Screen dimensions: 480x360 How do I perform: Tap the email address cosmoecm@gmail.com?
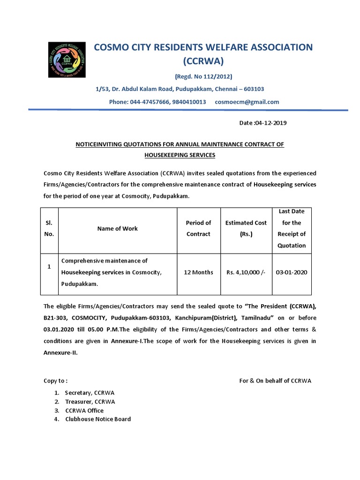point(247,102)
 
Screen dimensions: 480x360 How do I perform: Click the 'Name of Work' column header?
point(117,229)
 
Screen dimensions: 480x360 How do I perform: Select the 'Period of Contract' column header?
point(198,228)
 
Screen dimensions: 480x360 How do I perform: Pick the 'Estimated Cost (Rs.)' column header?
point(246,228)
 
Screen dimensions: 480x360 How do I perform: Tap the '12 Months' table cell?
point(198,272)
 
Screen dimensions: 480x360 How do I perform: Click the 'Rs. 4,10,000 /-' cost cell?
point(246,272)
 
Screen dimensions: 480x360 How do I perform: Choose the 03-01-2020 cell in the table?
point(292,272)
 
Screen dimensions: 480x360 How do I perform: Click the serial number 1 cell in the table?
point(49,267)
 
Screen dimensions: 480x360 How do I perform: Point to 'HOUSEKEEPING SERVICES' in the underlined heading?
point(180,155)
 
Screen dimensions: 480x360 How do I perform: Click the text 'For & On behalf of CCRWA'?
point(275,381)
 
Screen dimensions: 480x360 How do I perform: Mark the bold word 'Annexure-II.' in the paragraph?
point(60,353)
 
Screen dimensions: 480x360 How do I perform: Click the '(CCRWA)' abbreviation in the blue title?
point(203,61)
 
